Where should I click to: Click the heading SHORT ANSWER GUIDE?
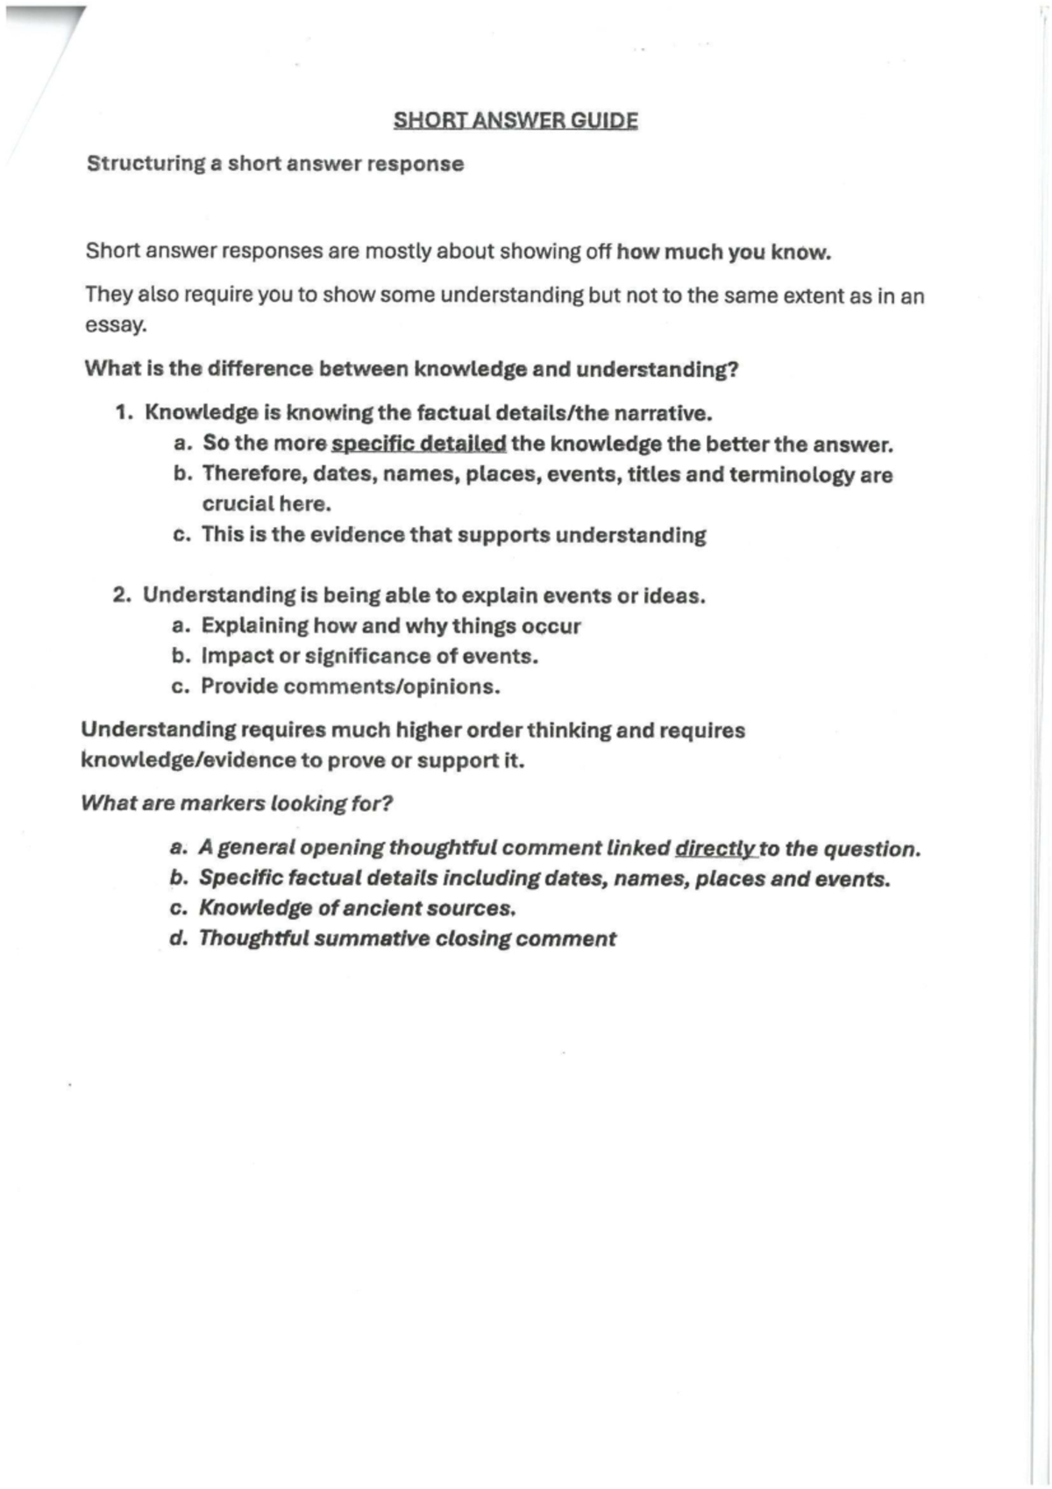click(515, 120)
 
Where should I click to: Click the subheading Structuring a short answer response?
click(275, 164)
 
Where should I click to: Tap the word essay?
click(115, 324)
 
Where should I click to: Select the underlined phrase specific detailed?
click(418, 444)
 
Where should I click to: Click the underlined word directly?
click(714, 849)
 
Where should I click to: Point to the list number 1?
click(124, 413)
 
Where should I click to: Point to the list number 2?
click(122, 595)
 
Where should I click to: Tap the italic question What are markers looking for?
click(237, 803)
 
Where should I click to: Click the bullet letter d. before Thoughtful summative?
click(179, 938)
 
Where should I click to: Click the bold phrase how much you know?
click(723, 253)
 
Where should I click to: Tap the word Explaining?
click(255, 626)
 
